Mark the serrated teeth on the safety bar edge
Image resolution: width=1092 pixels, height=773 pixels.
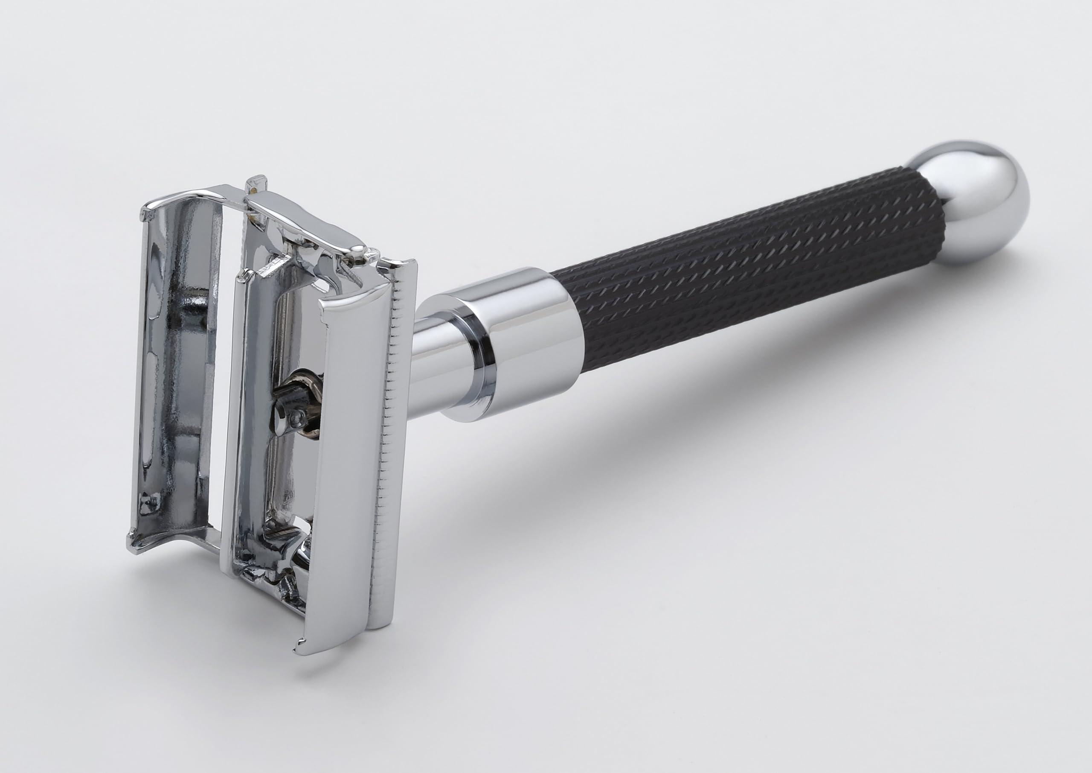click(386, 429)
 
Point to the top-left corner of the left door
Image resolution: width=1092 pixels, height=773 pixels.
click(145, 210)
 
